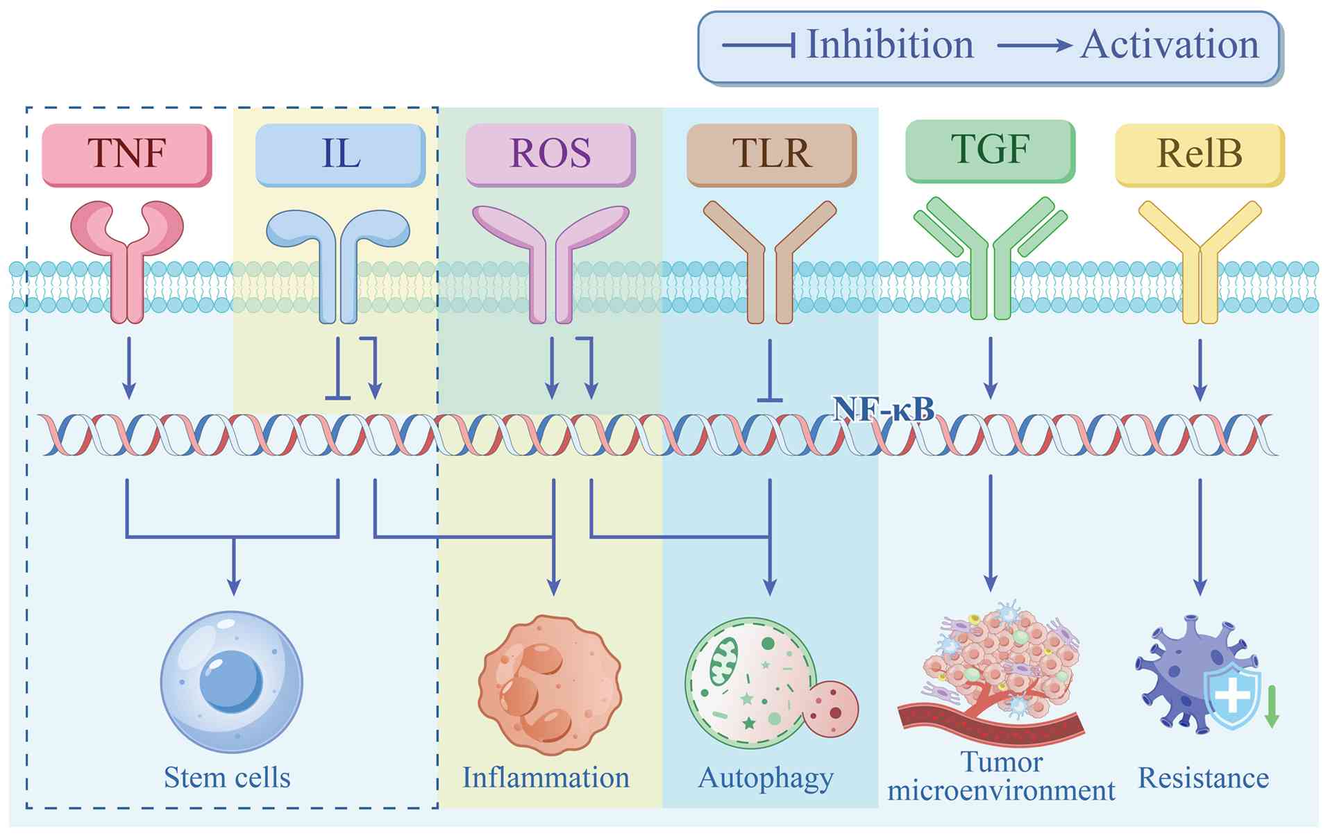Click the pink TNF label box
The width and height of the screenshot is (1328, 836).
click(127, 153)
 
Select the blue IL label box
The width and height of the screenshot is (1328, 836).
click(340, 153)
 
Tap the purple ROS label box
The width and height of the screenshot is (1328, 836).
click(550, 153)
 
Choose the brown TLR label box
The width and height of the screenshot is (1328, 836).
click(771, 153)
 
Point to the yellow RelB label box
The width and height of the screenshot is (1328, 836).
click(1199, 153)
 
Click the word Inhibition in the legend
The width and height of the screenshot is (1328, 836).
click(890, 45)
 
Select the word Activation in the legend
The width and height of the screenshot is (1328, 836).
click(1169, 45)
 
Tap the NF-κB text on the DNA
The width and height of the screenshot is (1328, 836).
click(883, 409)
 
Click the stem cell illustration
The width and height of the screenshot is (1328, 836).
click(231, 681)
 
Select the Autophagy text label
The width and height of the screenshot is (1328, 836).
click(766, 778)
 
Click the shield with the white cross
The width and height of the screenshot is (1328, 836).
click(1232, 696)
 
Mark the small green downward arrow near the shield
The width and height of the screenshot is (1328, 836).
click(1272, 707)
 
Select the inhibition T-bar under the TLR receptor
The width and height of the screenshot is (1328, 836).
click(770, 375)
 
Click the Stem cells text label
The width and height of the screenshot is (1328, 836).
click(227, 778)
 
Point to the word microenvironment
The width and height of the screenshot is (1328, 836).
click(1001, 791)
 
